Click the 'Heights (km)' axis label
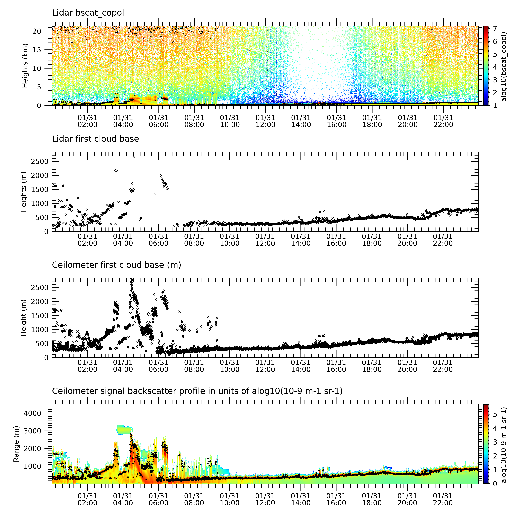click(25, 66)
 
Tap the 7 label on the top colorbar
click(495, 29)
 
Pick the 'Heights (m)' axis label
click(24, 192)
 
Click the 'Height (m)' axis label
click(24, 318)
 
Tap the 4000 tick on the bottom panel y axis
click(33, 413)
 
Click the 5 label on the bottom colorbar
click(495, 414)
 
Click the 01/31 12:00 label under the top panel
click(265, 121)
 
